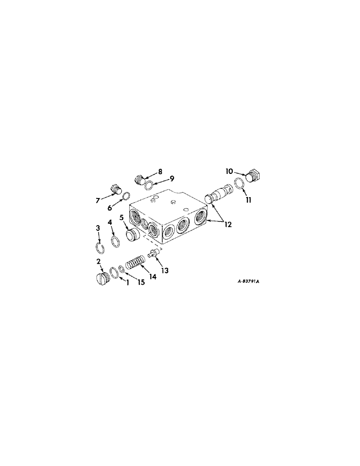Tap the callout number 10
pos(229,171)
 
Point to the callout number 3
pos(98,227)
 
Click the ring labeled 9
pos(148,186)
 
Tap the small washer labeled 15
pos(121,269)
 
